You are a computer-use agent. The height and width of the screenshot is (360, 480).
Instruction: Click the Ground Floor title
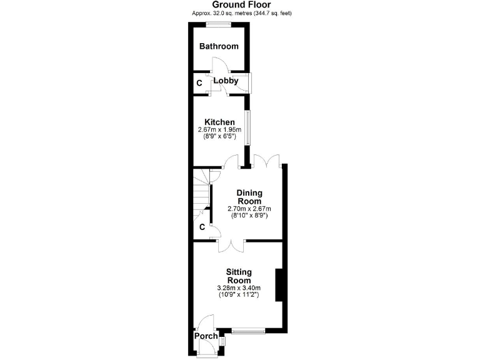240,4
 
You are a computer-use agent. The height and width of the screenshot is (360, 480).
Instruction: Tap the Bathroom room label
219,46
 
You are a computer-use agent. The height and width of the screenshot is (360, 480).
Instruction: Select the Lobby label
226,81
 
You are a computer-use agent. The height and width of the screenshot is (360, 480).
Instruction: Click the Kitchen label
220,122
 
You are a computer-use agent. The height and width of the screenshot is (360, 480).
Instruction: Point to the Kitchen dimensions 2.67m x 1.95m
220,129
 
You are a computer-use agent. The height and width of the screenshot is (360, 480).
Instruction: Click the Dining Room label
249,197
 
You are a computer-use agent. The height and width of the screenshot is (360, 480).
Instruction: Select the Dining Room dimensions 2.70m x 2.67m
249,209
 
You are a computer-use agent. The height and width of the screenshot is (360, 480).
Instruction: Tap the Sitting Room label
238,276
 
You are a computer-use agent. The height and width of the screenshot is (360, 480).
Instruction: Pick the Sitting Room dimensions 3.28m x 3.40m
238,287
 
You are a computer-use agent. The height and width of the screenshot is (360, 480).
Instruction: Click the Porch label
206,336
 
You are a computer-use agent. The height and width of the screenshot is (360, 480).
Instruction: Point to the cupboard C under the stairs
202,227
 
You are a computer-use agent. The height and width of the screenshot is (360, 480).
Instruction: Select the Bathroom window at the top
219,24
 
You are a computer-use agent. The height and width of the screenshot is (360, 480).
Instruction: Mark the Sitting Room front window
249,330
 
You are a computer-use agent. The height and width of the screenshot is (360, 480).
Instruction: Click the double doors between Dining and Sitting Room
231,244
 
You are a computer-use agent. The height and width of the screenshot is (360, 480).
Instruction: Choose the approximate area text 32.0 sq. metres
240,12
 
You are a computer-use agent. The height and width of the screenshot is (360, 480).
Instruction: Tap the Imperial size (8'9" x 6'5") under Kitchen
220,136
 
